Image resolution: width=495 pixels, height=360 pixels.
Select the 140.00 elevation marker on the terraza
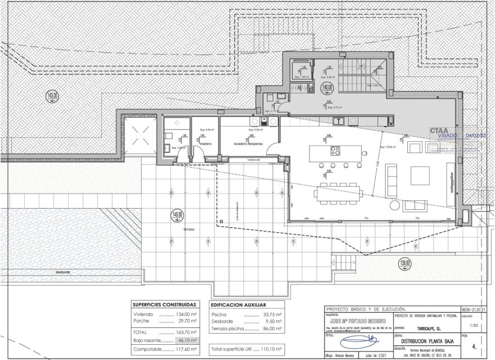tap(178, 215)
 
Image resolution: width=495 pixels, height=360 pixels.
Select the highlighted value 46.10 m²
tap(184, 340)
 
